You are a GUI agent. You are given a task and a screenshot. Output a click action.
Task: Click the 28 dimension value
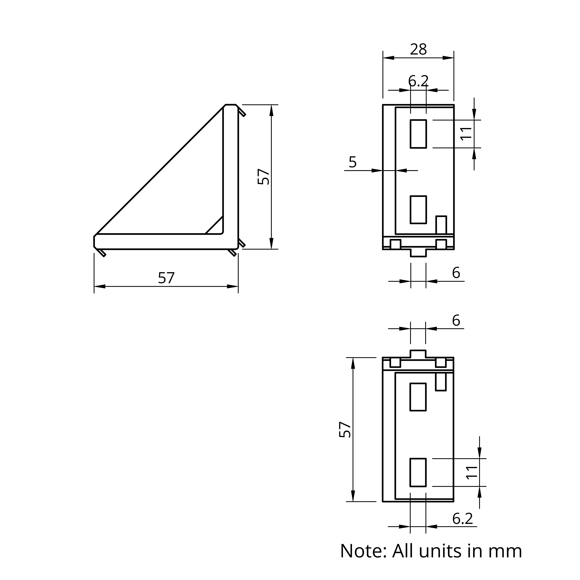418,49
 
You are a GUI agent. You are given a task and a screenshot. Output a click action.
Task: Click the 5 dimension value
353,162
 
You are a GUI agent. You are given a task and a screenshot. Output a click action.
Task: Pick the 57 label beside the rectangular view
345,430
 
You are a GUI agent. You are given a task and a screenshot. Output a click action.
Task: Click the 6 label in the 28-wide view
456,273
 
